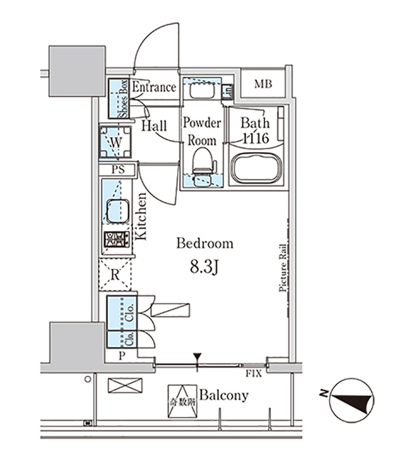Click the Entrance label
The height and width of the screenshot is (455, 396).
(154, 87)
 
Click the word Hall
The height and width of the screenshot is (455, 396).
(154, 126)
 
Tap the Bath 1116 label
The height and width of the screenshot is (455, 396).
(253, 132)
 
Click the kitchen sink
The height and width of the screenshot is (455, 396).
(116, 211)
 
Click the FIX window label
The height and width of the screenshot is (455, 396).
(252, 373)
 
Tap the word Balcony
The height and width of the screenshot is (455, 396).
(223, 395)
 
